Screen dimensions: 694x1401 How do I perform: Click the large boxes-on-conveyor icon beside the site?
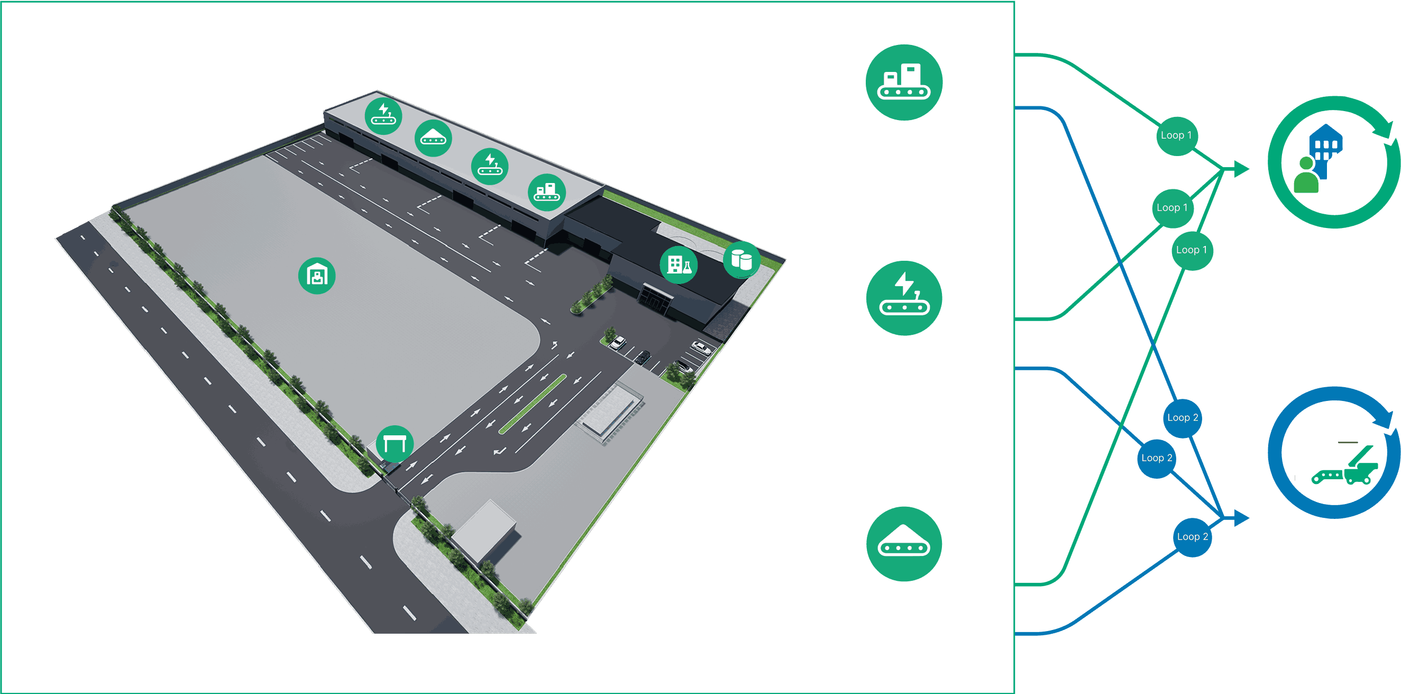click(904, 82)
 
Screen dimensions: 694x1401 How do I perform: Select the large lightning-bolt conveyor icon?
click(904, 298)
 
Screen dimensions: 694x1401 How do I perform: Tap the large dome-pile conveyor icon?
click(904, 544)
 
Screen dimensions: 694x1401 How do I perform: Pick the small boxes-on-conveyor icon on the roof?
click(546, 192)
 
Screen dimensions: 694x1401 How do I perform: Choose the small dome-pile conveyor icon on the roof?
click(433, 138)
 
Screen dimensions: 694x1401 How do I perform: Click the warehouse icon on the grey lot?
click(316, 276)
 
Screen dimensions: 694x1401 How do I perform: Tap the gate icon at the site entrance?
click(395, 444)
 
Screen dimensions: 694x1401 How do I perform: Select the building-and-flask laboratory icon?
click(679, 265)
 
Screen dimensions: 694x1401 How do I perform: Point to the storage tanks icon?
click(741, 260)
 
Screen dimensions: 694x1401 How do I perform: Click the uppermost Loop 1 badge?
click(1176, 136)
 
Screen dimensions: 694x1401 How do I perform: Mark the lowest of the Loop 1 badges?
click(1191, 250)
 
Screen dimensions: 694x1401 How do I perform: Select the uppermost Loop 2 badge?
click(1183, 418)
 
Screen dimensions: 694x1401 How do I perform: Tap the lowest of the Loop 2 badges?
click(1192, 537)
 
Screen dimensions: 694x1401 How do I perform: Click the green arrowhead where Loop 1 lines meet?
click(1241, 169)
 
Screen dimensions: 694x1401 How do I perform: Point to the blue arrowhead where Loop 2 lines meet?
click(1241, 518)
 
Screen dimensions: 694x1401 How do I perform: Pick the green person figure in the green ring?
click(1305, 176)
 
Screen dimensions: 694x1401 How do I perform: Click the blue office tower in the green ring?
click(1325, 142)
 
